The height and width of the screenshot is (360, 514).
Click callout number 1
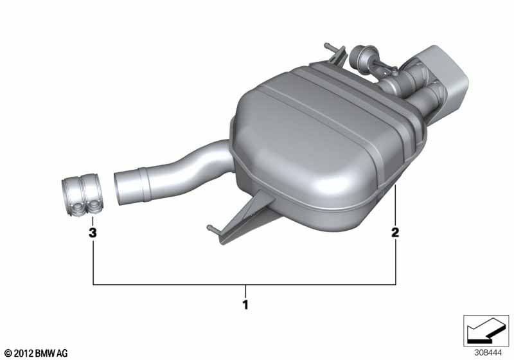(245, 305)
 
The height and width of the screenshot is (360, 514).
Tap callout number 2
(395, 233)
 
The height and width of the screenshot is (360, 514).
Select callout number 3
(93, 233)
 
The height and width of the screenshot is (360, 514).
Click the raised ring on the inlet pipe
(145, 185)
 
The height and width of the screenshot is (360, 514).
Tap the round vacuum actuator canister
(359, 57)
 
